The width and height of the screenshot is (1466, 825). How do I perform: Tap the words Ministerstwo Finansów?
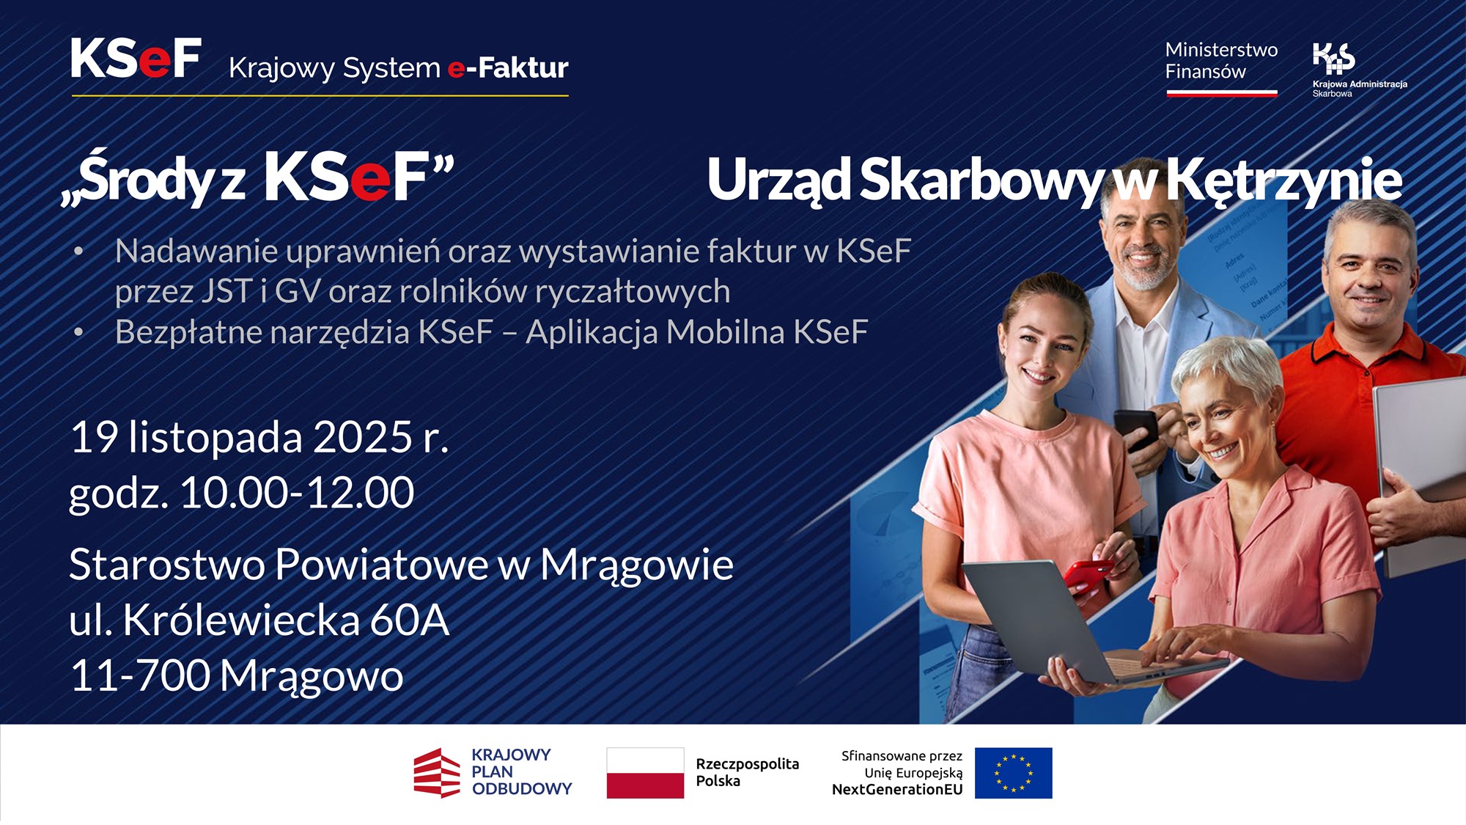1220,61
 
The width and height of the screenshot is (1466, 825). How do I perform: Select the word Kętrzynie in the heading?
1283,180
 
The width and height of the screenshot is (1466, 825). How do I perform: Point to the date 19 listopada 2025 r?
259,438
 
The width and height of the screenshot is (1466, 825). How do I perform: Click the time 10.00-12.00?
297,493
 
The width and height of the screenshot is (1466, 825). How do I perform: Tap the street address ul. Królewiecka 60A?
259,620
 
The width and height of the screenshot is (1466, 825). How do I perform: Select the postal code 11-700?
139,675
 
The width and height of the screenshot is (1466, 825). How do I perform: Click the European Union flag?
1013,773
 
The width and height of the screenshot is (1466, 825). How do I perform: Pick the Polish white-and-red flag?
645,773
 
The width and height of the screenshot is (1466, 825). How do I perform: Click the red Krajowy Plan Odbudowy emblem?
437,773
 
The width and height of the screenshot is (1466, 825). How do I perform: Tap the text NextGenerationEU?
896,790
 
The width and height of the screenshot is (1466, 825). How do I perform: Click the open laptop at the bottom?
1056,623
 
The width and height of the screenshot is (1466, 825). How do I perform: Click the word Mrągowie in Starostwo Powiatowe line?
636,565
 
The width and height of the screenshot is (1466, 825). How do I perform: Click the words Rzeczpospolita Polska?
747,772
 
